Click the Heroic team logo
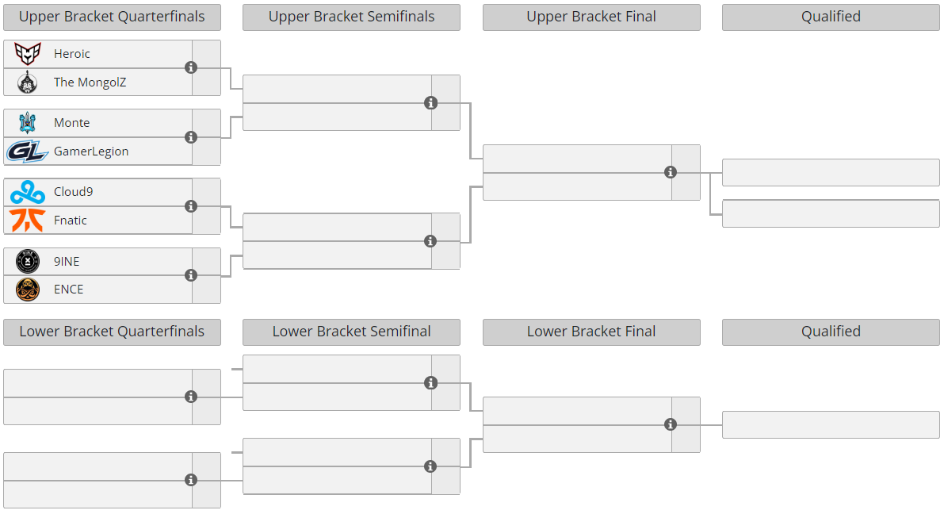pyautogui.click(x=27, y=54)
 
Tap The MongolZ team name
pyautogui.click(x=90, y=82)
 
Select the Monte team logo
pyautogui.click(x=27, y=122)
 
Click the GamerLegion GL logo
pyautogui.click(x=27, y=152)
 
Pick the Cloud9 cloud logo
pyautogui.click(x=27, y=192)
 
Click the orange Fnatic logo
pyautogui.click(x=27, y=220)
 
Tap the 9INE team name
pyautogui.click(x=67, y=262)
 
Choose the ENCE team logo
pyautogui.click(x=27, y=290)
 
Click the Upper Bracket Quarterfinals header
pyautogui.click(x=112, y=17)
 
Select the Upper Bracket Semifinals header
pyautogui.click(x=352, y=17)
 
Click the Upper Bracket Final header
pyautogui.click(x=591, y=17)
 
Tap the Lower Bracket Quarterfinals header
pyautogui.click(x=112, y=332)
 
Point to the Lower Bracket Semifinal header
pyautogui.click(x=352, y=332)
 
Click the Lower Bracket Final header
pyautogui.click(x=591, y=332)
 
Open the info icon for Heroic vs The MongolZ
pyautogui.click(x=191, y=67)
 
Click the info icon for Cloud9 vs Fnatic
pyautogui.click(x=191, y=206)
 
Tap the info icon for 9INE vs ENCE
pyautogui.click(x=191, y=275)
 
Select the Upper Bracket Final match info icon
pyautogui.click(x=670, y=172)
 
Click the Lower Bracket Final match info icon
pyautogui.click(x=670, y=425)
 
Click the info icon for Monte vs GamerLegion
pyautogui.click(x=191, y=136)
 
